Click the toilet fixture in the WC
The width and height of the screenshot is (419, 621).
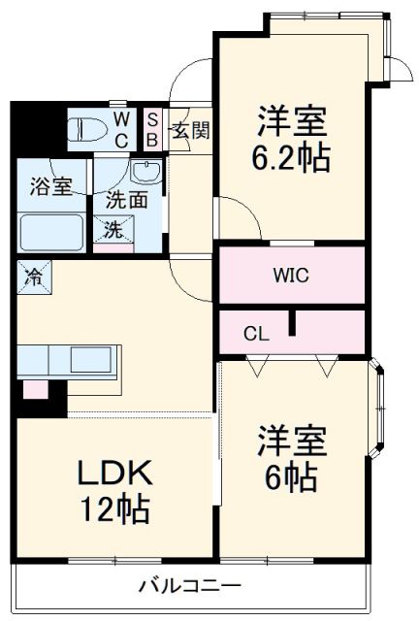(x=88, y=127)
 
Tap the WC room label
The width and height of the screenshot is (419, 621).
(x=121, y=127)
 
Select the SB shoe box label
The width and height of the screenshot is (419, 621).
(x=152, y=128)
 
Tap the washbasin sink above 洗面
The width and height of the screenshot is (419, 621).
(x=145, y=176)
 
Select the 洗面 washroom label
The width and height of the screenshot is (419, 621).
(x=128, y=203)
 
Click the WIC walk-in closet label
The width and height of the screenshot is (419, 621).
(x=289, y=275)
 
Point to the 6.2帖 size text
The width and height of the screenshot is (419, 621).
(x=292, y=158)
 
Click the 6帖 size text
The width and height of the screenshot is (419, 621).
(x=292, y=476)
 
